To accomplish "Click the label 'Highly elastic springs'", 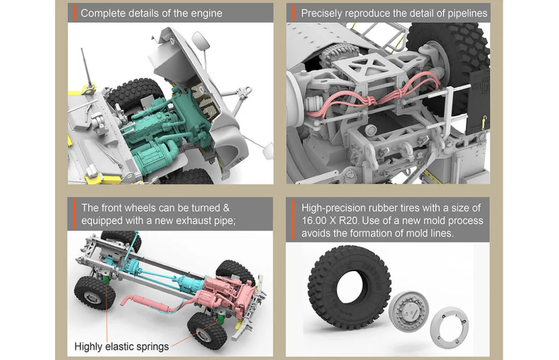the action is [x=122, y=346].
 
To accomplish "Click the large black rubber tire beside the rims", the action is [x=349, y=286].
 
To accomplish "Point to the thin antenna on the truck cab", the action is [x=87, y=67].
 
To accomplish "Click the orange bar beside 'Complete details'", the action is [x=75, y=13].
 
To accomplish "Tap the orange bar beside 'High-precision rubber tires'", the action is [x=293, y=220].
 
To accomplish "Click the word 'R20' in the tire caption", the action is [x=350, y=221].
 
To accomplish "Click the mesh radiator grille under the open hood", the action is [x=205, y=100].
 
